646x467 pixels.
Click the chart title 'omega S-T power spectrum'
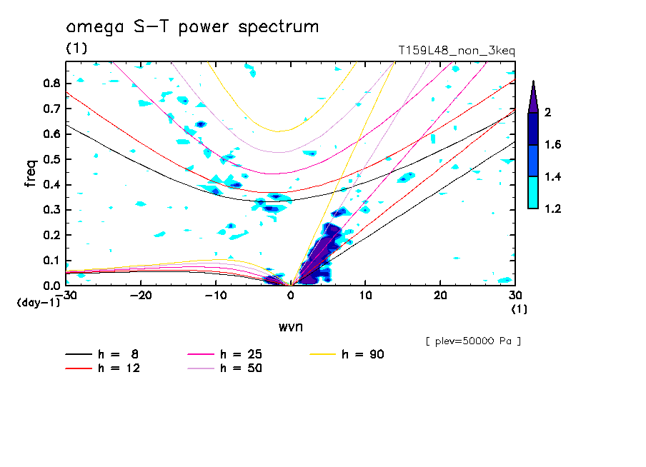(192, 28)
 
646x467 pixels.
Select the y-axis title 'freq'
(31, 174)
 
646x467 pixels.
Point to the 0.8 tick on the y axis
(51, 83)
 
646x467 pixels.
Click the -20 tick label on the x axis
(141, 295)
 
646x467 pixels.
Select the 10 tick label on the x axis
(365, 295)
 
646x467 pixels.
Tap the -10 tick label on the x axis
(215, 295)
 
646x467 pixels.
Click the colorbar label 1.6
(553, 145)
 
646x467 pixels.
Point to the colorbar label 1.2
(553, 209)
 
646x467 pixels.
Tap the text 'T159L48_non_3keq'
(457, 51)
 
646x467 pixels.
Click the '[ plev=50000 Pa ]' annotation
(473, 341)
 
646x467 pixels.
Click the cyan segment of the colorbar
(533, 192)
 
